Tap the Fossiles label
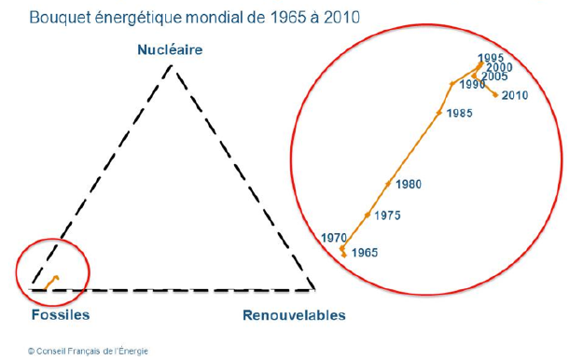click(61, 314)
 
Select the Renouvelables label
click(294, 315)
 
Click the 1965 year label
click(366, 253)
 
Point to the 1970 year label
click(333, 238)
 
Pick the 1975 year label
click(387, 216)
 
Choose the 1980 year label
click(408, 185)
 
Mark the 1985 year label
click(459, 114)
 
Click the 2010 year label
click(514, 95)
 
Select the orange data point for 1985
click(438, 113)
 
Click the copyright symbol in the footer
click(32, 352)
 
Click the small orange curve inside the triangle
click(54, 278)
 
